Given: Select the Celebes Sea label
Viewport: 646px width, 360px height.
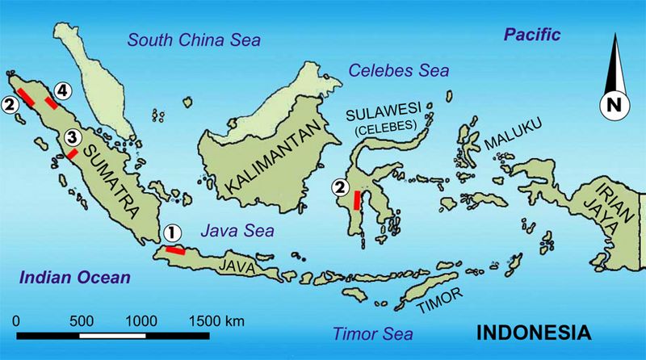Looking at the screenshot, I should click(x=398, y=71).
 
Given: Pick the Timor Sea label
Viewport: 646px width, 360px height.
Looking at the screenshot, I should click(x=372, y=333).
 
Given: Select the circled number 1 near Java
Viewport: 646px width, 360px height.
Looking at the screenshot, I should click(x=170, y=233).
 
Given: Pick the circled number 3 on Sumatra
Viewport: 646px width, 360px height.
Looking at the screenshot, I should click(x=71, y=138).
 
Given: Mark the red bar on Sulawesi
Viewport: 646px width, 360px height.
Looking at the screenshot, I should click(x=357, y=196).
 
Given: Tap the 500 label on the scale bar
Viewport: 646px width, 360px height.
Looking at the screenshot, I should click(x=83, y=320).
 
